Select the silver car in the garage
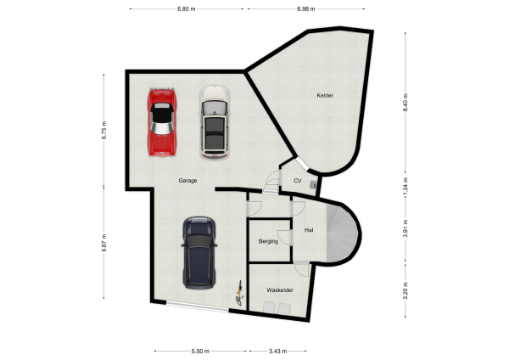click(x=214, y=121)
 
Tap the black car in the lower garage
click(x=199, y=253)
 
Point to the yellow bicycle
click(x=240, y=293)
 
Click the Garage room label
click(x=188, y=181)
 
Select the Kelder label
click(x=325, y=95)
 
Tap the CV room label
click(x=298, y=181)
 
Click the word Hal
click(x=310, y=228)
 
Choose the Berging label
click(x=268, y=241)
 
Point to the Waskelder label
click(x=280, y=290)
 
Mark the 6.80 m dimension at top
click(x=187, y=8)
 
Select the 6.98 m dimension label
click(x=306, y=8)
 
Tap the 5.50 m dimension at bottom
click(x=201, y=351)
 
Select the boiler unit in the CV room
click(x=314, y=183)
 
